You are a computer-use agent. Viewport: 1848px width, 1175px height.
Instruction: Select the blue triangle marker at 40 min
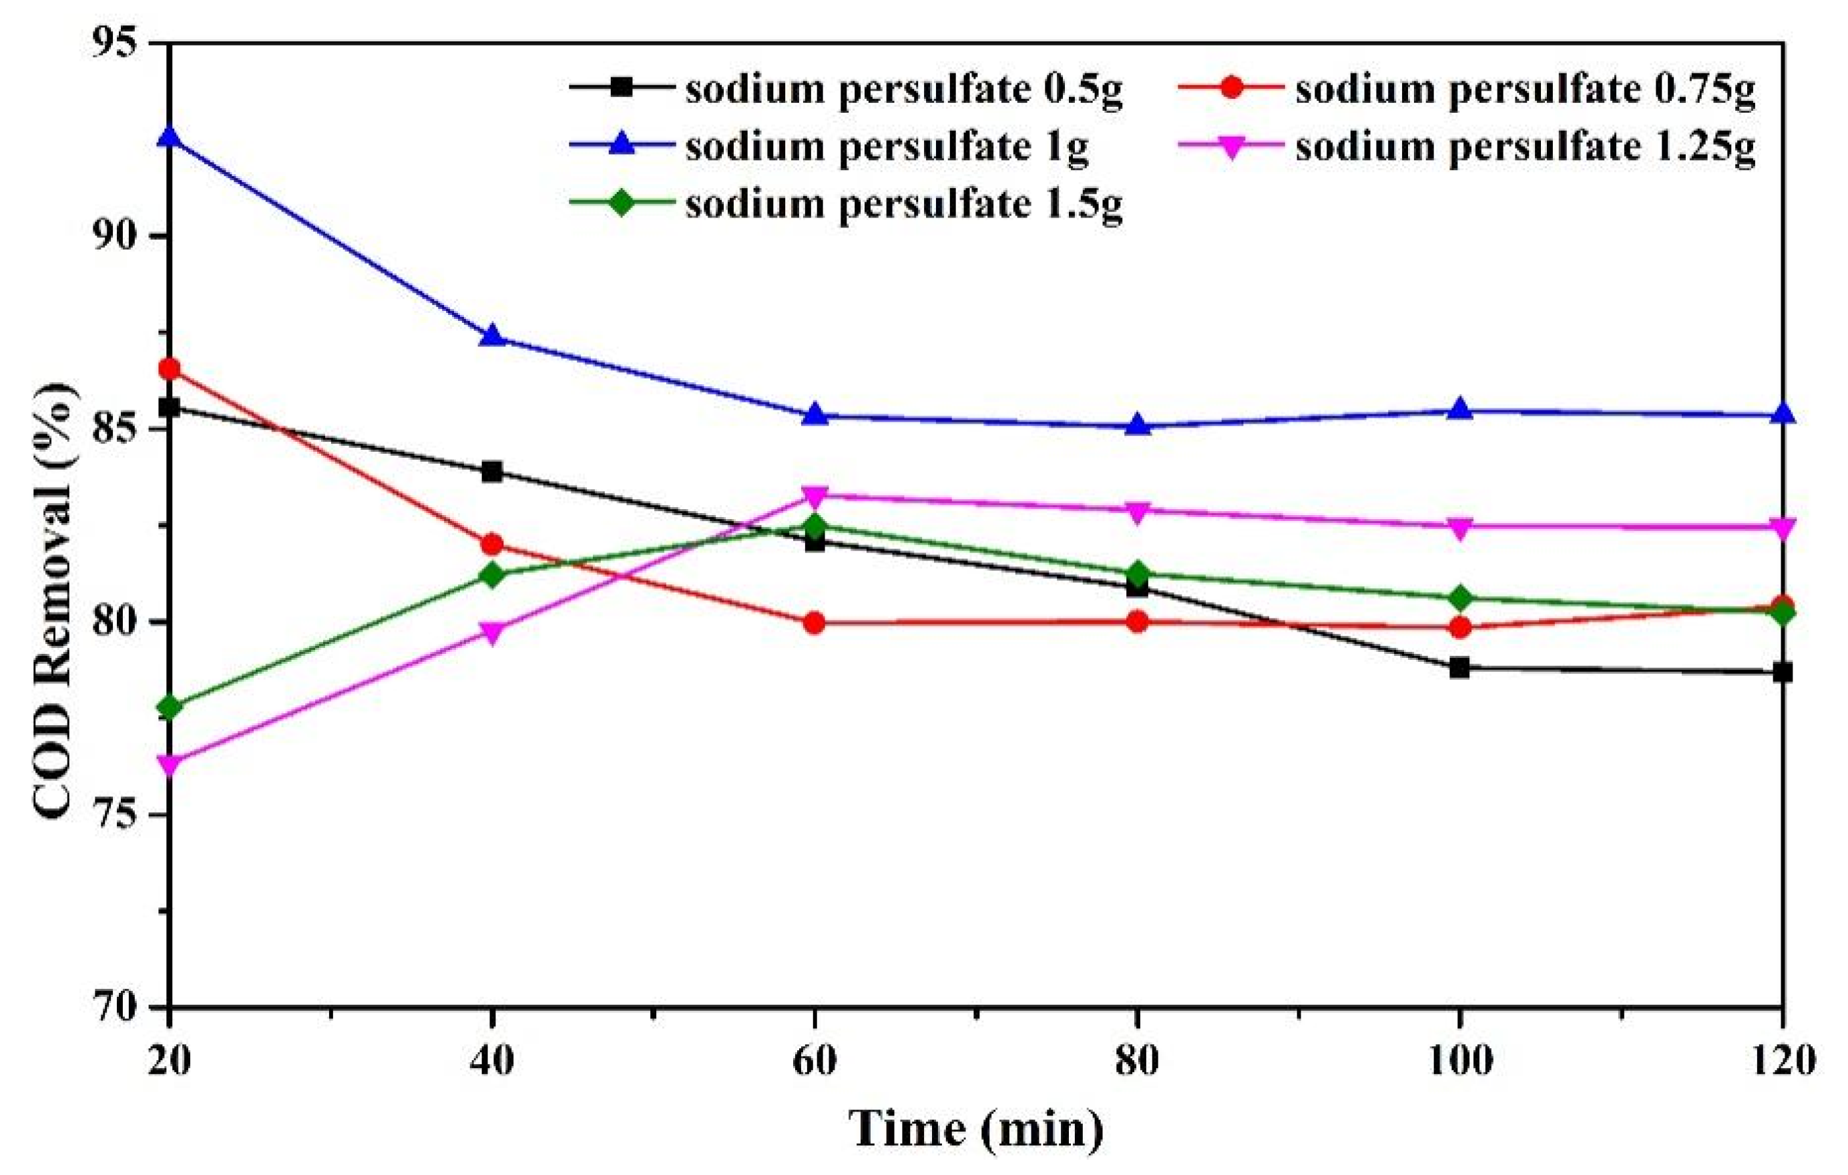pos(492,336)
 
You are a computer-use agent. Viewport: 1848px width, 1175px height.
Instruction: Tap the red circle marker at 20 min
pos(169,370)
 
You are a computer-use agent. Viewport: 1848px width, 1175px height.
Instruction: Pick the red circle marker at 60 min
pos(815,623)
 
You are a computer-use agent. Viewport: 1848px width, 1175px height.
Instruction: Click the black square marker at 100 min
pos(1459,668)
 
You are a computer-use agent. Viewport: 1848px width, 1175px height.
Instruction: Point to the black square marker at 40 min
pos(492,472)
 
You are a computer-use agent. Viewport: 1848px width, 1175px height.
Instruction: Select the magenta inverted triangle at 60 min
pos(815,496)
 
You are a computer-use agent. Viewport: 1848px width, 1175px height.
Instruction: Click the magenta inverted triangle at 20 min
pos(169,764)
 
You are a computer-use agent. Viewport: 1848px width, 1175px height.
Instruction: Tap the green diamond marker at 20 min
pos(169,707)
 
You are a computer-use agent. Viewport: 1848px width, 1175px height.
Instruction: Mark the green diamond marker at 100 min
pos(1459,597)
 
